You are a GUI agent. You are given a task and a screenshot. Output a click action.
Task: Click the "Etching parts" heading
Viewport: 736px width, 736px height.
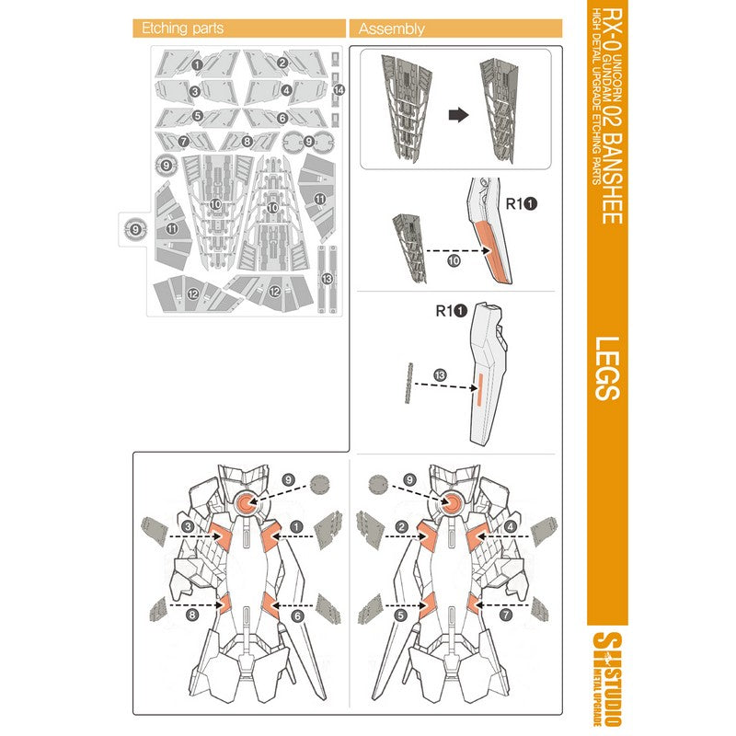pyautogui.click(x=182, y=29)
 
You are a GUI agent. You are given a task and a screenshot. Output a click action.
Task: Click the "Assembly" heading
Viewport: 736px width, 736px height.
pyautogui.click(x=392, y=29)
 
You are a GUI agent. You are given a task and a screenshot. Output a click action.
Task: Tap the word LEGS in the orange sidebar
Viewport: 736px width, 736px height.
pyautogui.click(x=607, y=369)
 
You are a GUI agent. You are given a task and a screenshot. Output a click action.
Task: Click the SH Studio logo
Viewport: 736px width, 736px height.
pyautogui.click(x=607, y=679)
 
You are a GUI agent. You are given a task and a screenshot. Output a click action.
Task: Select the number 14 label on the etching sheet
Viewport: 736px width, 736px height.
pyautogui.click(x=339, y=89)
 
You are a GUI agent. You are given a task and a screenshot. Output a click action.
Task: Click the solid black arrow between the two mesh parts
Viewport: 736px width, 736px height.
pyautogui.click(x=458, y=114)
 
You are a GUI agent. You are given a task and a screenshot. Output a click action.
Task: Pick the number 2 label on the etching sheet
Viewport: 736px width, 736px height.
pyautogui.click(x=282, y=63)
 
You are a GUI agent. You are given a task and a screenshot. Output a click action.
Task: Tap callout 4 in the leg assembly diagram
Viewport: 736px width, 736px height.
pyautogui.click(x=511, y=527)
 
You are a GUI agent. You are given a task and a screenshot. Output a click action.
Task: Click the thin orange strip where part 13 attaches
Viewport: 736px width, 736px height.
pyautogui.click(x=479, y=388)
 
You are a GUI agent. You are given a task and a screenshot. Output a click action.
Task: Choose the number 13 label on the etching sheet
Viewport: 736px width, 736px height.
pyautogui.click(x=327, y=279)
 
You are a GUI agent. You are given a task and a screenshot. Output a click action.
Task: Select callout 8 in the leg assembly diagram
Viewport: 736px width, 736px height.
pyautogui.click(x=192, y=615)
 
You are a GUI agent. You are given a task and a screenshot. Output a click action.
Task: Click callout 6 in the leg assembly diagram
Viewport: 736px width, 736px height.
pyautogui.click(x=297, y=615)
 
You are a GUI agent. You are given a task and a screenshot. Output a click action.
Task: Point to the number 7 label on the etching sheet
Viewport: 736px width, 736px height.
pyautogui.click(x=183, y=141)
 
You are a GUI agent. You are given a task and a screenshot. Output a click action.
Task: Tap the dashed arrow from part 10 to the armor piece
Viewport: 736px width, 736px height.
pyautogui.click(x=457, y=250)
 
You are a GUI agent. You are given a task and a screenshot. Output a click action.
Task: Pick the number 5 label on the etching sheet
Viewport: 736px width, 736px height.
pyautogui.click(x=198, y=116)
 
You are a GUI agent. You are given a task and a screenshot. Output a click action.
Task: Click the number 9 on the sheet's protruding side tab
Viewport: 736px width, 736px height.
pyautogui.click(x=135, y=229)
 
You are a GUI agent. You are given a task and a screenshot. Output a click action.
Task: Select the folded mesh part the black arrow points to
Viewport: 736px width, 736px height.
pyautogui.click(x=499, y=110)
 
